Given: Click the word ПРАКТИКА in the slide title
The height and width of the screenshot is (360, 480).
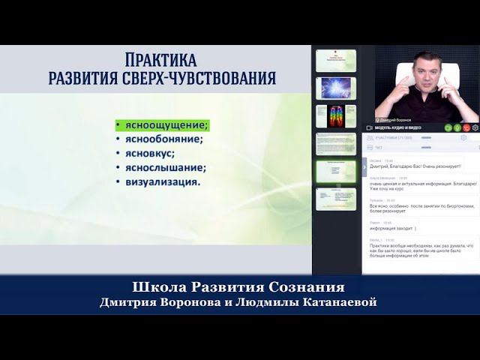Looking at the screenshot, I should (x=160, y=60).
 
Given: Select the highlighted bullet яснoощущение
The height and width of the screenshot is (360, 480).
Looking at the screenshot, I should (x=161, y=124).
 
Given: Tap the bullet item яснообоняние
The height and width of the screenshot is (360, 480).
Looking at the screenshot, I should (x=160, y=138).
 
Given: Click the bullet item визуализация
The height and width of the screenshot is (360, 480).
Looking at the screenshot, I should (x=158, y=181).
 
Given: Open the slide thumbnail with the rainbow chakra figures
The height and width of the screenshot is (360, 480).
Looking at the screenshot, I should (x=335, y=115).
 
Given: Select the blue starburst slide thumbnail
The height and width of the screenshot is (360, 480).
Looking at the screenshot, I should (x=335, y=88).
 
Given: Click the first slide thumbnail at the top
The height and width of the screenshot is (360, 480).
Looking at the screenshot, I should (x=335, y=60).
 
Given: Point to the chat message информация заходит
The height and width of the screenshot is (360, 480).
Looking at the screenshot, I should (x=393, y=229).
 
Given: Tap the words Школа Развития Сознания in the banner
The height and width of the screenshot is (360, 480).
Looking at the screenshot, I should (x=238, y=287).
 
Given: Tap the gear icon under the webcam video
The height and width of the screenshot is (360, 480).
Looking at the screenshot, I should (x=475, y=127).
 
